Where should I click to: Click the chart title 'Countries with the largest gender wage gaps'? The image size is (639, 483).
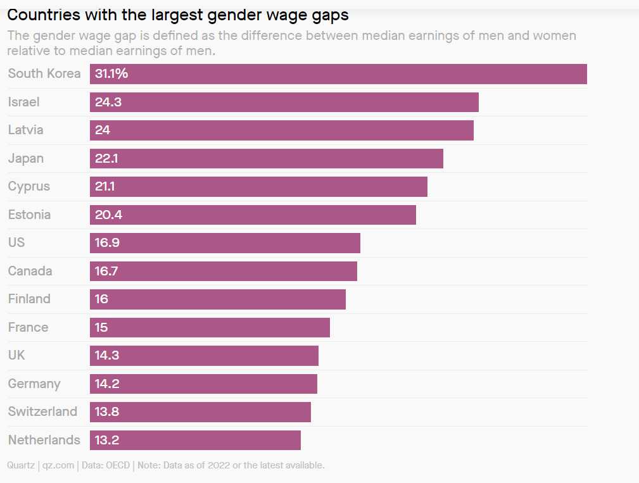(178, 15)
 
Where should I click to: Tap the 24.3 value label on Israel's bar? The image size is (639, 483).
(108, 102)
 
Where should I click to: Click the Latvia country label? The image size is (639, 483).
(26, 130)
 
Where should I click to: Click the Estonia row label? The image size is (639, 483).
(29, 215)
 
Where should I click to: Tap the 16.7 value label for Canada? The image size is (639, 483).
(106, 271)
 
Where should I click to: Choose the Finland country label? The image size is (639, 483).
(29, 299)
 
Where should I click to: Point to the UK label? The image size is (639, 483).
(16, 355)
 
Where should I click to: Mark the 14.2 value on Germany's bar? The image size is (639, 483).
(107, 384)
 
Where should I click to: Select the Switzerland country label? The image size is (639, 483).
(42, 411)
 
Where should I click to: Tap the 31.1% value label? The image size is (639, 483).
(111, 74)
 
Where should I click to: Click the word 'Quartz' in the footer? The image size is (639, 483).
(21, 465)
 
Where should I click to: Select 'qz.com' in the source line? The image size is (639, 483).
(59, 465)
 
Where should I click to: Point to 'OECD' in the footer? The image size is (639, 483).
(117, 465)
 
